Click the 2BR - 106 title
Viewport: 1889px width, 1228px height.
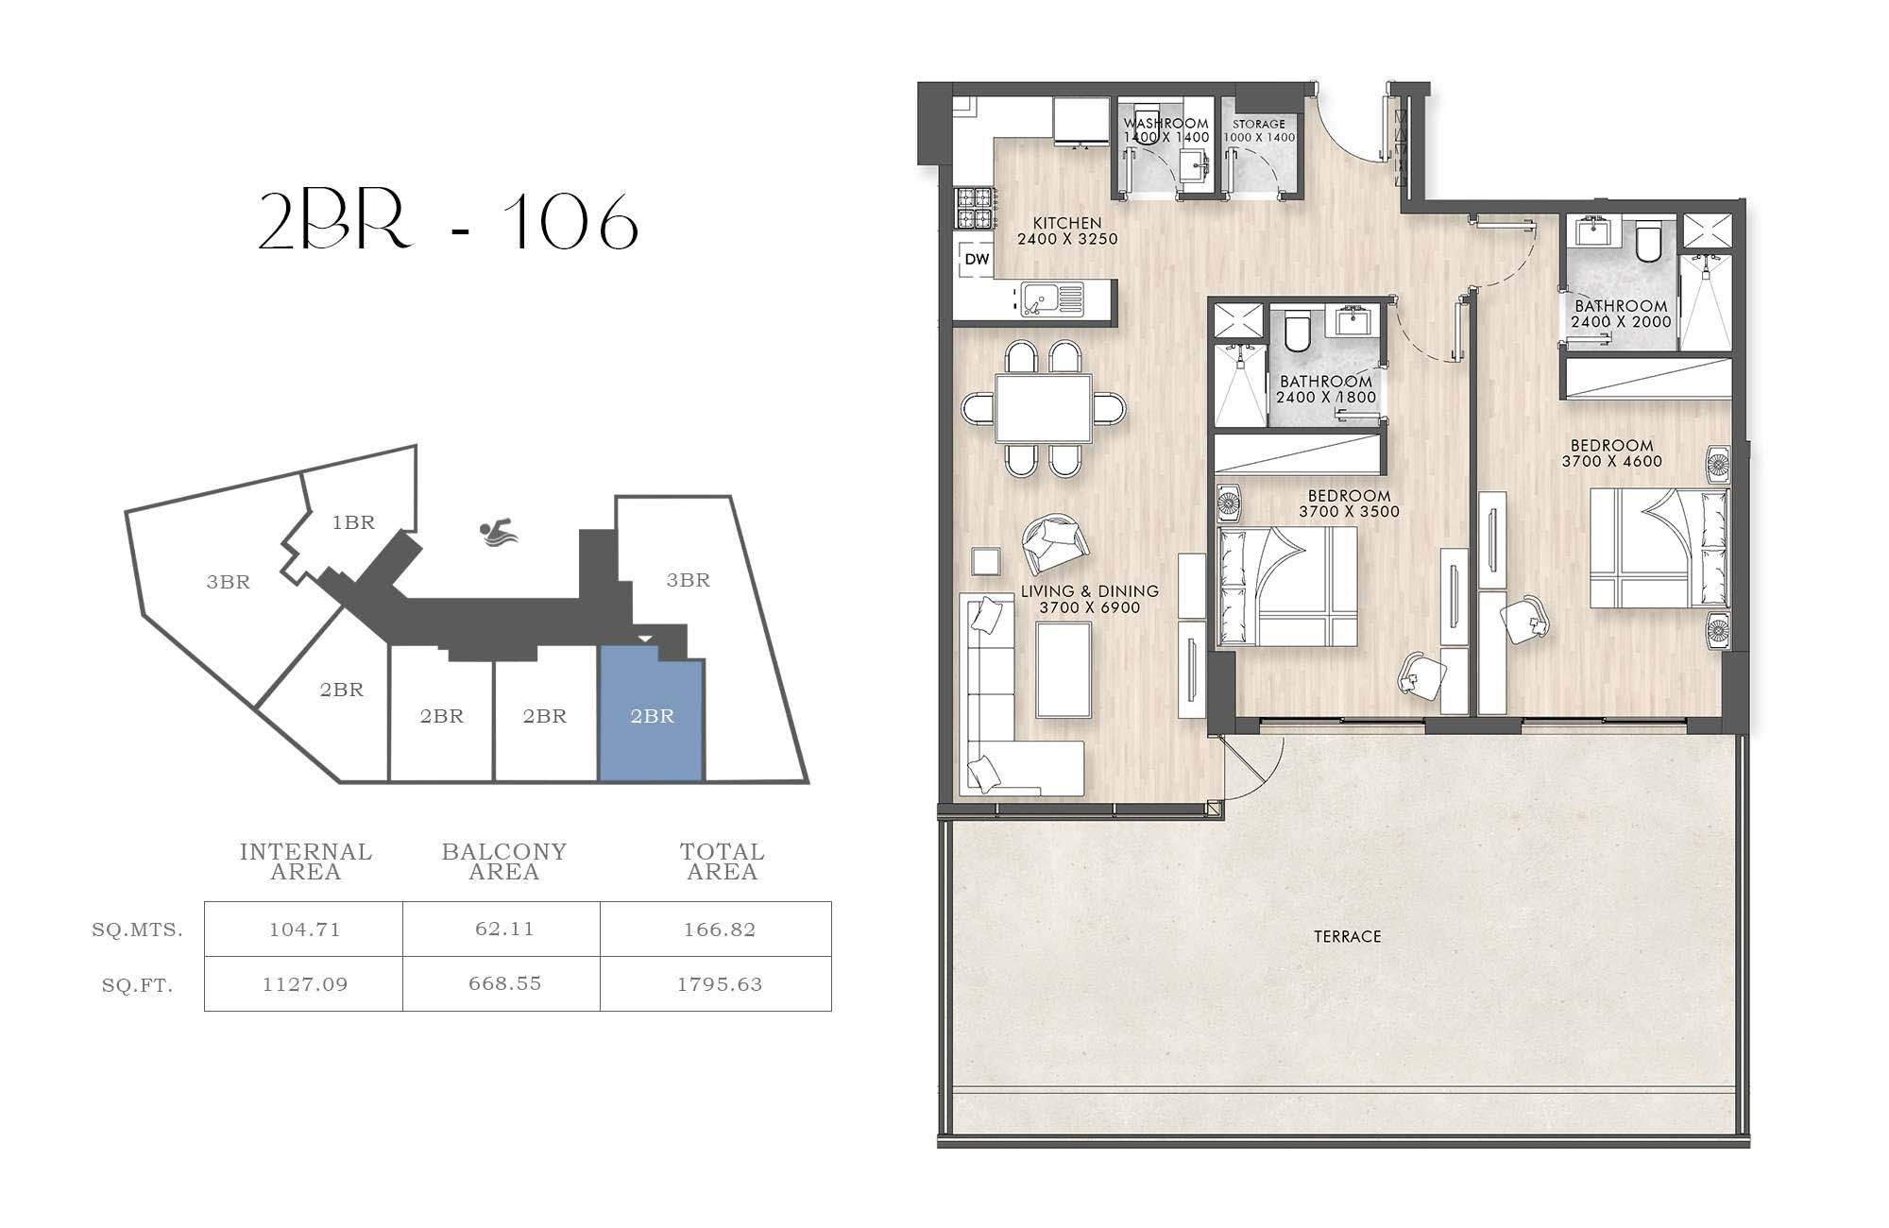pos(449,223)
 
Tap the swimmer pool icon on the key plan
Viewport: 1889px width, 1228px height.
pos(498,534)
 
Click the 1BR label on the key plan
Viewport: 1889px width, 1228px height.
pos(353,522)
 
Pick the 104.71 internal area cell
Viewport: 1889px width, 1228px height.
pos(303,930)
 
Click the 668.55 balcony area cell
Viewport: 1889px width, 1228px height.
pos(505,983)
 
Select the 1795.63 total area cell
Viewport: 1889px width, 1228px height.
pos(720,984)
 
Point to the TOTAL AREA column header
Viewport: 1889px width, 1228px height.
pos(723,861)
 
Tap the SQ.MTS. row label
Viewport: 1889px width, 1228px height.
pos(138,930)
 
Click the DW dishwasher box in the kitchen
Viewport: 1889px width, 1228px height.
pos(977,259)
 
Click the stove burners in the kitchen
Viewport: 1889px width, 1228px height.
pos(974,209)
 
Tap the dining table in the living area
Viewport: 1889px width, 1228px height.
pos(1043,408)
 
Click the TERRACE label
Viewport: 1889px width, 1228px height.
pos(1348,936)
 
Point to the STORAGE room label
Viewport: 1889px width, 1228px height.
pos(1259,124)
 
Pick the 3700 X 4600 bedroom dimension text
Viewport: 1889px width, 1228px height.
pos(1611,461)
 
